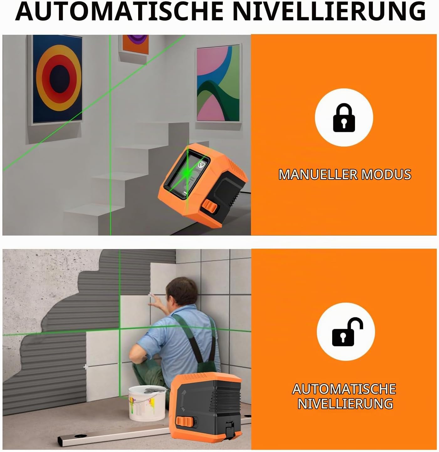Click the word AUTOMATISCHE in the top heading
(119, 11)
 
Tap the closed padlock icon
(344, 117)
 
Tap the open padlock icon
(347, 332)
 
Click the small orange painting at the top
(134, 45)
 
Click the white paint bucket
(147, 403)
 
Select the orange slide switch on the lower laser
(185, 422)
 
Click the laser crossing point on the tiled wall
(120, 329)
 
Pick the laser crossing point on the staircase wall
(110, 90)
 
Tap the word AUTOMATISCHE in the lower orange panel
(344, 389)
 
